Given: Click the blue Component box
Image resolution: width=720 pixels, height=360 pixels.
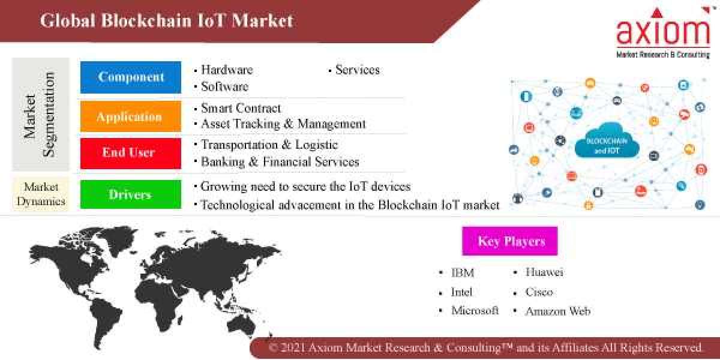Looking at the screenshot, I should [130, 77].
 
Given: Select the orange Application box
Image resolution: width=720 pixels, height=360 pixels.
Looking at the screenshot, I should [130, 116].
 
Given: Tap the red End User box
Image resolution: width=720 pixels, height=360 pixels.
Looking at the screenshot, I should [130, 153].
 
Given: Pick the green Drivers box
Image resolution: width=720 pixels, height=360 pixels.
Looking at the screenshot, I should [130, 194].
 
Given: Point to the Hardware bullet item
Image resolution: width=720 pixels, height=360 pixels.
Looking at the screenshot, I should [227, 70].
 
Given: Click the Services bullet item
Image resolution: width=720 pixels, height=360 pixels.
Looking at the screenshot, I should [357, 70].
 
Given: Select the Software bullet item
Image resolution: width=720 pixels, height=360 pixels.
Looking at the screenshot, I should [224, 86].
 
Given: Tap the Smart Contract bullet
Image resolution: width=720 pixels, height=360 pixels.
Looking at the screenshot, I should [241, 109].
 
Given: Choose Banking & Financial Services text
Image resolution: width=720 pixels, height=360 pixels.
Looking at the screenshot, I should [280, 161].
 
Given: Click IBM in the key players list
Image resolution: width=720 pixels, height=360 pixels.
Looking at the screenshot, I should [463, 273].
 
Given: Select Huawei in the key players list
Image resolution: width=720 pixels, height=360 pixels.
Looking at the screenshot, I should [544, 272].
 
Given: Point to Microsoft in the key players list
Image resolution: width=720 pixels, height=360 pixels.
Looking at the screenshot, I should [475, 311].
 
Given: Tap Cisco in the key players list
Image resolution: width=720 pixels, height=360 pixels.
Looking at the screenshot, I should [539, 292].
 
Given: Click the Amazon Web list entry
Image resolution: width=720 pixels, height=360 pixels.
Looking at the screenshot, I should [558, 311].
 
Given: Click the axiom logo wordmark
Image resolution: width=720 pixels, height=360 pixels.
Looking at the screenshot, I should [663, 31].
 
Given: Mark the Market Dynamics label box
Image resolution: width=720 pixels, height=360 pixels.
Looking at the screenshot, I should [41, 194].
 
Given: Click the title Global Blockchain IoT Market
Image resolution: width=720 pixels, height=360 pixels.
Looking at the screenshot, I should [167, 21].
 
